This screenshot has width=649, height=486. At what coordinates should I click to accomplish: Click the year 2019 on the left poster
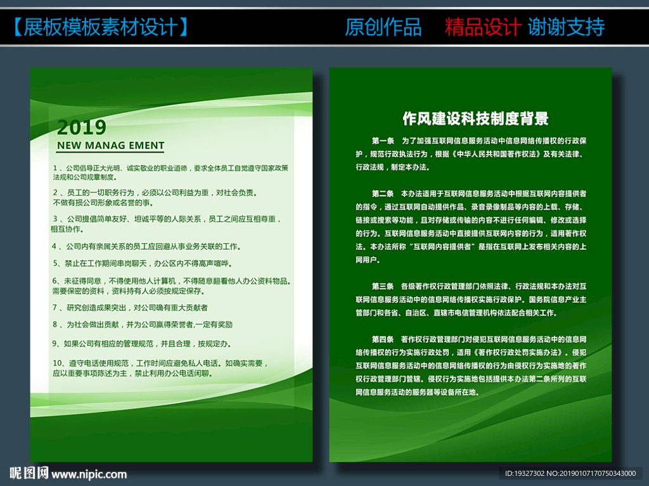pyautogui.click(x=82, y=127)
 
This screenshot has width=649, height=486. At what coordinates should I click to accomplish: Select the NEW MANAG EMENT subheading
pyautogui.click(x=110, y=145)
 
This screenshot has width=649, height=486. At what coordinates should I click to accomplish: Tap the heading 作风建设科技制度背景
pyautogui.click(x=475, y=118)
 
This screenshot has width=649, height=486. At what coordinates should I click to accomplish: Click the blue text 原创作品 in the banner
pyautogui.click(x=383, y=27)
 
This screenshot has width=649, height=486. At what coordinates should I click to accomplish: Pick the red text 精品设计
pyautogui.click(x=482, y=27)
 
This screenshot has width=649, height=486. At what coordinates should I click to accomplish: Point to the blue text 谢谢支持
pyautogui.click(x=566, y=27)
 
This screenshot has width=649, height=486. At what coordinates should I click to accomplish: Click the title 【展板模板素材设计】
pyautogui.click(x=100, y=27)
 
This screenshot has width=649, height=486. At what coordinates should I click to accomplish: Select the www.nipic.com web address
pyautogui.click(x=89, y=474)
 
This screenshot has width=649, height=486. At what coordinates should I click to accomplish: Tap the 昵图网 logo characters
pyautogui.click(x=29, y=473)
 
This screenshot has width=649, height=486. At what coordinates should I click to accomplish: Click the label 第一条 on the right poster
pyautogui.click(x=383, y=141)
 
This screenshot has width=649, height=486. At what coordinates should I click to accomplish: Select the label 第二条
pyautogui.click(x=383, y=193)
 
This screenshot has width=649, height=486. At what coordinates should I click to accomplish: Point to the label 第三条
pyautogui.click(x=383, y=286)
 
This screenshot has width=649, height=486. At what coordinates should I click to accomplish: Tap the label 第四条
pyautogui.click(x=383, y=339)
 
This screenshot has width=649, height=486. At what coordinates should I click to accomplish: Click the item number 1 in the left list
pyautogui.click(x=55, y=168)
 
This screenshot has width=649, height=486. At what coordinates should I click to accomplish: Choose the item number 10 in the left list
pyautogui.click(x=57, y=363)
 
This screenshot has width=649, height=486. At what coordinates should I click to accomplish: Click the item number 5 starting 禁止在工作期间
pyautogui.click(x=56, y=264)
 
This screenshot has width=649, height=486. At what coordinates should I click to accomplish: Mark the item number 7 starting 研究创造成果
pyautogui.click(x=55, y=307)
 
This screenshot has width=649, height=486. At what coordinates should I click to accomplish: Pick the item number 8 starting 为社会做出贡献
pyautogui.click(x=55, y=324)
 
